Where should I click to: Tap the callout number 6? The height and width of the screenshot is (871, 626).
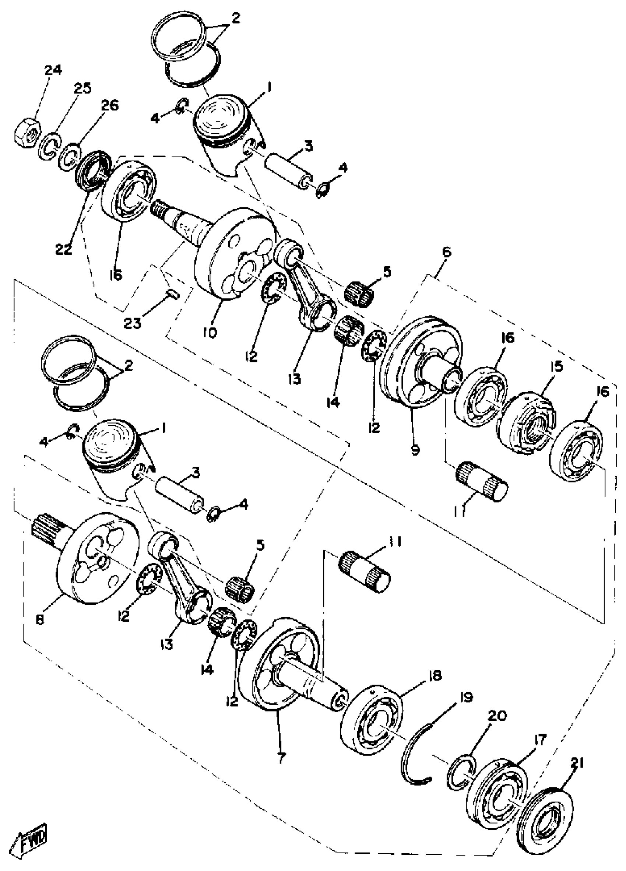tap(446, 253)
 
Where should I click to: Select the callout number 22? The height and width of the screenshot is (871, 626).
tap(63, 249)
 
